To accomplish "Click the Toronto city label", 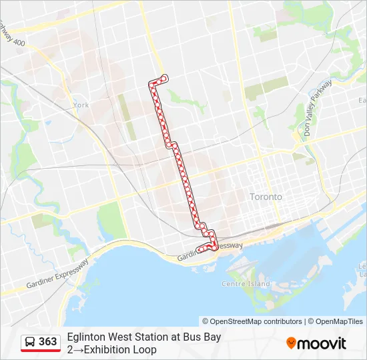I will click(x=266, y=197).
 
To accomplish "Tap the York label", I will click(x=81, y=105).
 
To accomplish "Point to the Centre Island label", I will click(x=246, y=283).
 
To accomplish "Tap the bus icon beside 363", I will click(x=30, y=342).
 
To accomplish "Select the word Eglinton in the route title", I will click(x=87, y=337).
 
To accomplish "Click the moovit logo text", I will click(x=322, y=343).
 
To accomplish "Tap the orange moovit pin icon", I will click(x=291, y=343).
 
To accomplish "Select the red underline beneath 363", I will click(x=41, y=351).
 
